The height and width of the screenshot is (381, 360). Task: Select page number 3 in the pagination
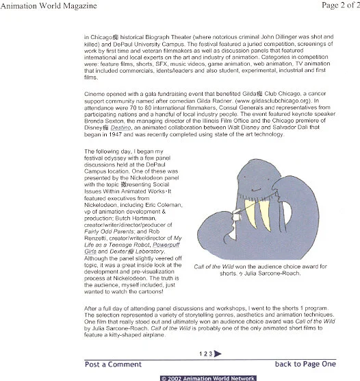(209, 354)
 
